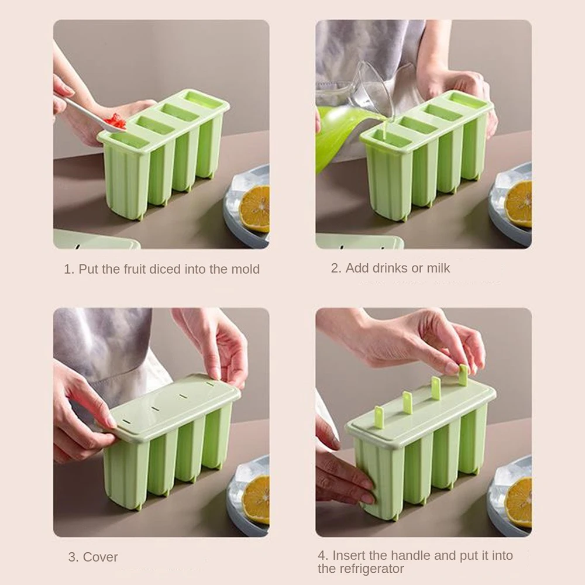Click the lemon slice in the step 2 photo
(518, 204)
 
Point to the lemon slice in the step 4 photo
(518, 502)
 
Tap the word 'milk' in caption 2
(438, 268)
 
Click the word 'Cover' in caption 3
(101, 557)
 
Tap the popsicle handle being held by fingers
(463, 375)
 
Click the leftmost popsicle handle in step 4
(380, 417)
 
